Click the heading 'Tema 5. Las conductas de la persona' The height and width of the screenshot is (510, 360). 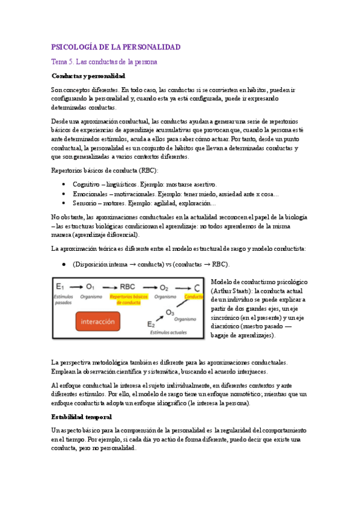tap(104, 62)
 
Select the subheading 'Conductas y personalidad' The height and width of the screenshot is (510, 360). tap(88, 76)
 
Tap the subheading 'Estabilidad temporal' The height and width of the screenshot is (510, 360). tap(81, 417)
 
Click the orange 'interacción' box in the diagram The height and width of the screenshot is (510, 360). tap(97, 322)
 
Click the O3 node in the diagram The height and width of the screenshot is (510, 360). tap(170, 312)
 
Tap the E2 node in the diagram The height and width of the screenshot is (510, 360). tap(151, 325)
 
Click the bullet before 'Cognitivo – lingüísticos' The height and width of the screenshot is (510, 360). tap(64, 183)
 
